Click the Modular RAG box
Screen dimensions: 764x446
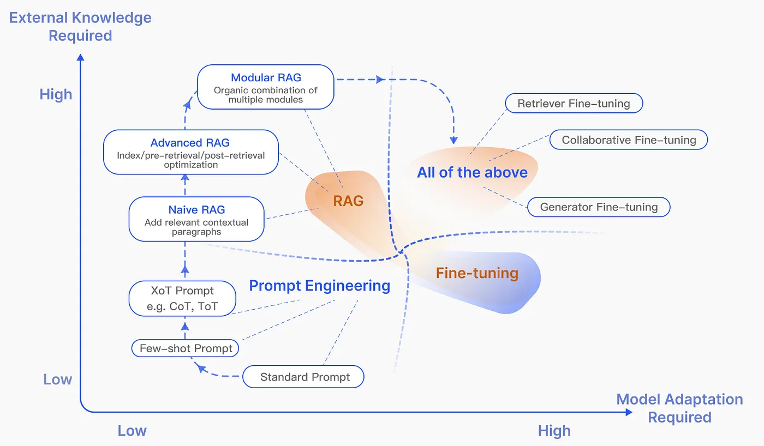[x=265, y=87]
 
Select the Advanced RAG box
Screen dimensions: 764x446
[x=190, y=152]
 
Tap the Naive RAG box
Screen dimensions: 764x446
[x=196, y=219]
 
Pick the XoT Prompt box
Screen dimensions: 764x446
[x=182, y=298]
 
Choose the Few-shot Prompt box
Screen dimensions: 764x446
[x=185, y=348]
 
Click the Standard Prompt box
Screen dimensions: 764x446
[x=303, y=377]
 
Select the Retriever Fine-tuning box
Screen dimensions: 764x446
[x=574, y=103]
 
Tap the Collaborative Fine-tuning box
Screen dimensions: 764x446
[x=629, y=140]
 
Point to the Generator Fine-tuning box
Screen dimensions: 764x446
[x=599, y=207]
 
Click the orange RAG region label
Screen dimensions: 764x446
[x=348, y=201]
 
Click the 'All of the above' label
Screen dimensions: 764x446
[x=473, y=172]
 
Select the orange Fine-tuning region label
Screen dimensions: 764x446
[x=477, y=273]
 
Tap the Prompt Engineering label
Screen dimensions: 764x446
[x=320, y=286]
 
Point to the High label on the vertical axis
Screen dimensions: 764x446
[x=56, y=94]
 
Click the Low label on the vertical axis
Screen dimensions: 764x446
[x=58, y=379]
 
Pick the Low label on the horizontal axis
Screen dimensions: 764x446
[x=132, y=431]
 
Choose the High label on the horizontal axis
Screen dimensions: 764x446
[x=554, y=431]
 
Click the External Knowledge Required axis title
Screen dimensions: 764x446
[x=81, y=27]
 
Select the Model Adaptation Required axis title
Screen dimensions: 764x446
[x=680, y=408]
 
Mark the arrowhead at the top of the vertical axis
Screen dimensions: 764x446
[x=81, y=57]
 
